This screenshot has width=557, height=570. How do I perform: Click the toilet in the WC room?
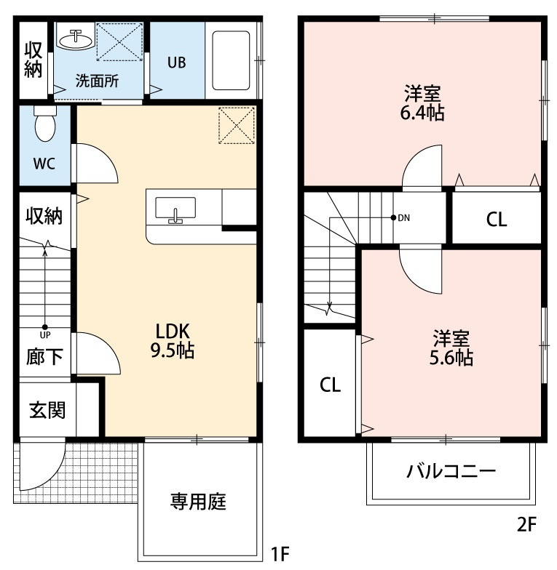(45, 125)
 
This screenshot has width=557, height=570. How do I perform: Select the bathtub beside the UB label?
(232, 60)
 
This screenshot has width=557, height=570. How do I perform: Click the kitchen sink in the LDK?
(175, 210)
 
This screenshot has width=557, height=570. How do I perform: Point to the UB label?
(177, 63)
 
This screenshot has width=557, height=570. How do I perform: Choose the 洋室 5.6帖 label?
(452, 348)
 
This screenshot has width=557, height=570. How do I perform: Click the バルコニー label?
(451, 470)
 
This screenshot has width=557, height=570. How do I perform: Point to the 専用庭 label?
(199, 501)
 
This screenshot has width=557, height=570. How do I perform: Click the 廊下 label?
(44, 357)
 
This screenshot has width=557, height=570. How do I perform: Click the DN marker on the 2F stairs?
(403, 217)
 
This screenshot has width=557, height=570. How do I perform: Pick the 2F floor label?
(528, 524)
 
